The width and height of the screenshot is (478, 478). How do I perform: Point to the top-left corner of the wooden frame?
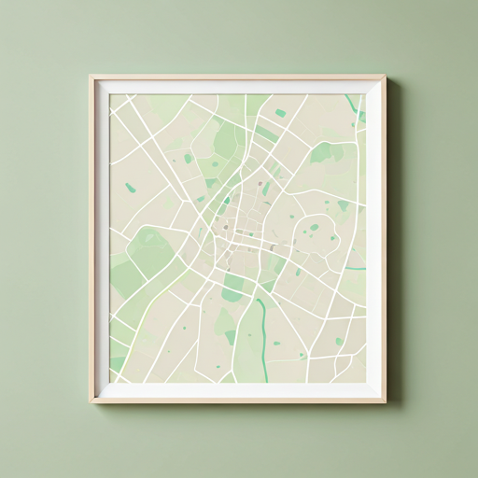(91, 77)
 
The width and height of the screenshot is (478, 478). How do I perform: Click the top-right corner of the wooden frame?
(385, 77)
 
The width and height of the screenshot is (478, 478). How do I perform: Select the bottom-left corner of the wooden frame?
(91, 401)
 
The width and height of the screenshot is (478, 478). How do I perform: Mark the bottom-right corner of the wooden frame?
(385, 401)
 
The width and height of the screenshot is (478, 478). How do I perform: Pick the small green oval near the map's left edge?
(131, 188)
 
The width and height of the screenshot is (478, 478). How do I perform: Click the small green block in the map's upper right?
(280, 113)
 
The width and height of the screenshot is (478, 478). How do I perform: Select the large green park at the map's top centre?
(226, 140)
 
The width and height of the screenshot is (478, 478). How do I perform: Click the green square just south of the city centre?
(232, 295)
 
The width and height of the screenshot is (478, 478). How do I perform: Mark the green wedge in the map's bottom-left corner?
(117, 364)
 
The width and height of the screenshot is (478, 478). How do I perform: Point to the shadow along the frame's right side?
(391, 243)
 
